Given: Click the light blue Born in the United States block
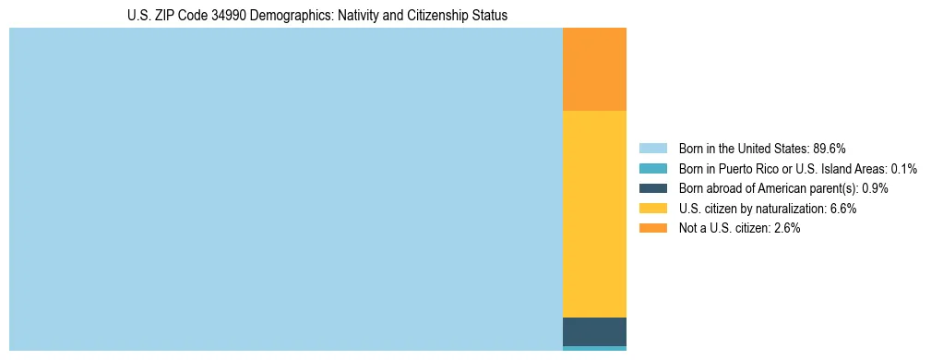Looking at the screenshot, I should (x=286, y=189).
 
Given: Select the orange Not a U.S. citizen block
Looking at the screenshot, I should (x=594, y=69).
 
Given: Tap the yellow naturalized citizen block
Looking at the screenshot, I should (x=594, y=214).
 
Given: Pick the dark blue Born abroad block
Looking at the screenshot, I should (x=594, y=331).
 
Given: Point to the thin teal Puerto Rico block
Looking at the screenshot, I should (x=594, y=348).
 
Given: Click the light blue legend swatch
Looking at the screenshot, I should (x=652, y=149).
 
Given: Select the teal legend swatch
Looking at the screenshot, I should (x=652, y=169).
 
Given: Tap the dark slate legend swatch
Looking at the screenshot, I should (x=652, y=188).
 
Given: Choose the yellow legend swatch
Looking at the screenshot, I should (x=652, y=209).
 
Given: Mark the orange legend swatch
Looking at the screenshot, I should (x=652, y=228).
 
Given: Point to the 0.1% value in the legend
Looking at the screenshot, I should (x=903, y=169).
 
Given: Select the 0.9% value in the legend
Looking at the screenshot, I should (x=875, y=188).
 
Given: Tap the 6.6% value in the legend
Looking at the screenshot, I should (x=843, y=209).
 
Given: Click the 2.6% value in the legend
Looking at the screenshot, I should (x=787, y=228).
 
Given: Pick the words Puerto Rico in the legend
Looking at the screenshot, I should (x=741, y=169).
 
